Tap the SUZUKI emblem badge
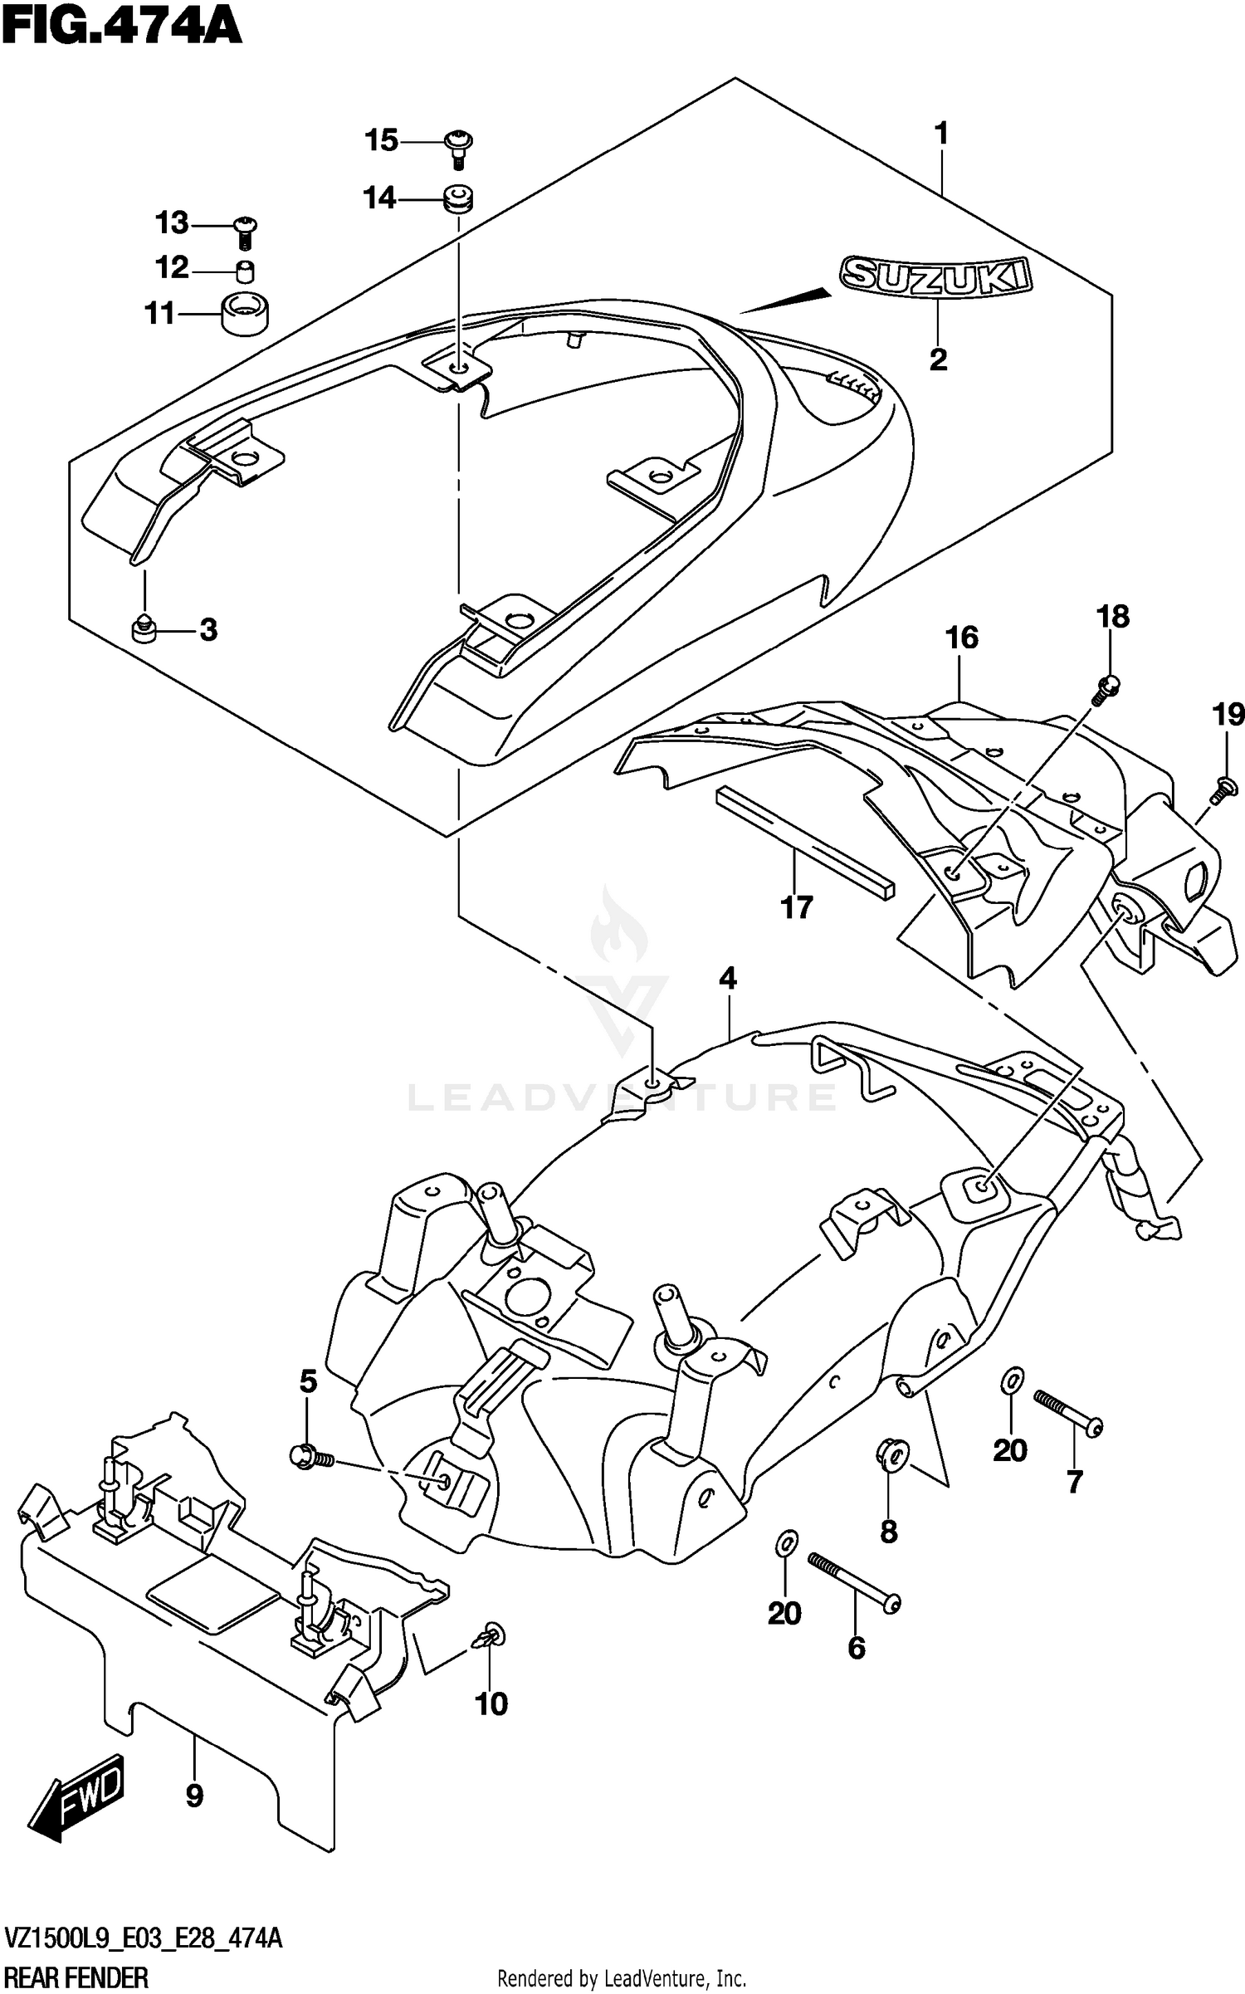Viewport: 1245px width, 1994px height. [x=935, y=275]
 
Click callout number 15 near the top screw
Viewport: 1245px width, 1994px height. [x=382, y=141]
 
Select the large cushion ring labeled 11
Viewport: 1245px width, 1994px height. [x=246, y=314]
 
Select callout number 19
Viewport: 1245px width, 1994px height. [x=1228, y=714]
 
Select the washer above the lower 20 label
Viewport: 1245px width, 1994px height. [x=785, y=1542]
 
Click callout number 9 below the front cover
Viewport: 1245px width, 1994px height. [x=194, y=1796]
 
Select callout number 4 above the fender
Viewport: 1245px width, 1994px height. [x=727, y=978]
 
